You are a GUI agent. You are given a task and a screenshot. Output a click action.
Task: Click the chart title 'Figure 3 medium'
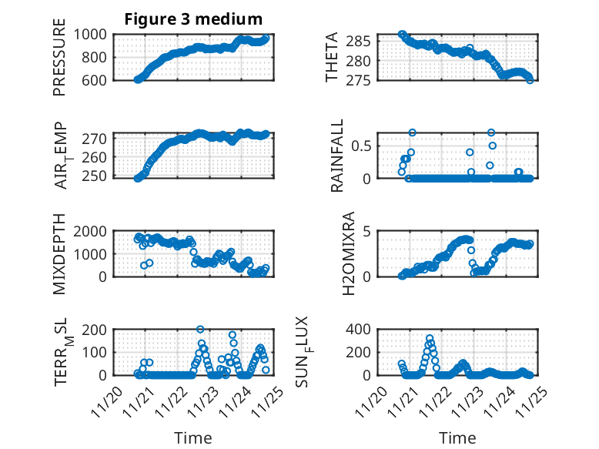[193, 19]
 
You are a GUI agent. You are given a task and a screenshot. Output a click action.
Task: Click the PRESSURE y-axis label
[59, 57]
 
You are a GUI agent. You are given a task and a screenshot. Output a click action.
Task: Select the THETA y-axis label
[332, 57]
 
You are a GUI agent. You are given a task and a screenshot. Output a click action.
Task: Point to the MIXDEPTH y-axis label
[59, 254]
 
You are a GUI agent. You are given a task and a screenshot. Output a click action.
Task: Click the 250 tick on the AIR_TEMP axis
[99, 176]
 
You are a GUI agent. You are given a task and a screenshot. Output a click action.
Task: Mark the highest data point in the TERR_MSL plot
[200, 330]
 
